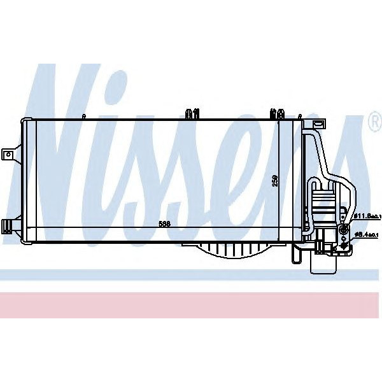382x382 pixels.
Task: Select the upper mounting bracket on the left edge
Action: pos(9,155)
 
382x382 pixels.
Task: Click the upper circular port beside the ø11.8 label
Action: pos(344,229)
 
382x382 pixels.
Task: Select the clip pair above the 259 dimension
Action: pos(277,114)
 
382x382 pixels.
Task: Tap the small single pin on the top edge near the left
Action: pos(84,116)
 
